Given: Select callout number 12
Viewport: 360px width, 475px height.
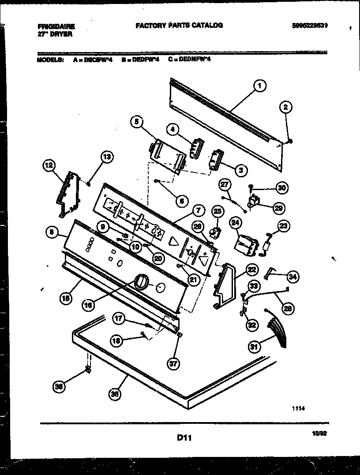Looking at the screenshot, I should [x=49, y=166].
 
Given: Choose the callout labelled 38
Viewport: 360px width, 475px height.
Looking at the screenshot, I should [x=58, y=387].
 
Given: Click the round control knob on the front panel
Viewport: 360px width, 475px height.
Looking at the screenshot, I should [x=140, y=281].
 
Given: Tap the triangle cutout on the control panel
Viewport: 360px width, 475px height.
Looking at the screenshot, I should [x=175, y=240].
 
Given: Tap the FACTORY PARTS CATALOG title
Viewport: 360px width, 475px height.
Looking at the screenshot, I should [x=179, y=26].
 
